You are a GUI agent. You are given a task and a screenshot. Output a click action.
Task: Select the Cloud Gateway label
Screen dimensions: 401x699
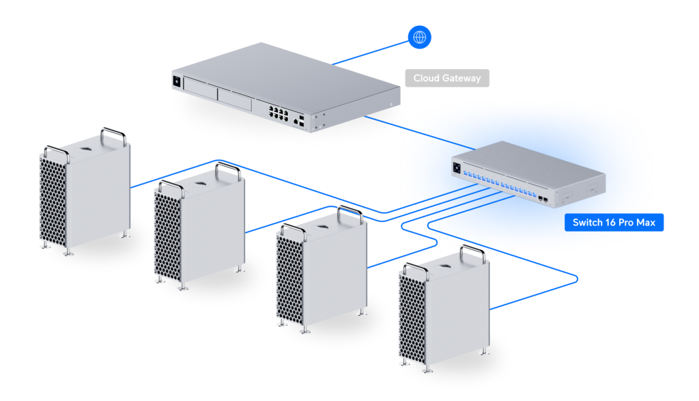click(447, 78)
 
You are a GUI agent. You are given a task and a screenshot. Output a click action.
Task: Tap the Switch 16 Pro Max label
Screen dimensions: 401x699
click(614, 223)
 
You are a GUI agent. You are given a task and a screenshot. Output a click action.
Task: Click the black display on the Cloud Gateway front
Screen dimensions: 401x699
click(177, 81)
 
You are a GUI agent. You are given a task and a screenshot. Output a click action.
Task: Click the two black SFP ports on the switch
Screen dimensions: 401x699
click(545, 197)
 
